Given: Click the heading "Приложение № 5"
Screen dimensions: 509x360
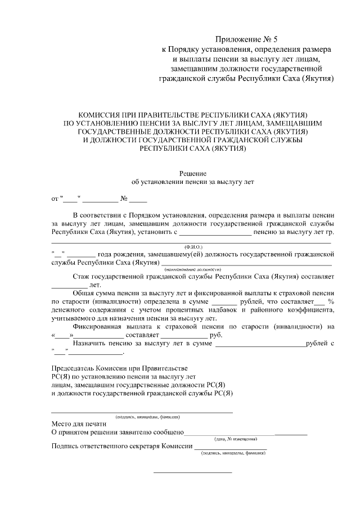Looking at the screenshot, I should pyautogui.click(x=247, y=39).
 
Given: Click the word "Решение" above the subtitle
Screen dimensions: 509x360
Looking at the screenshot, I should pyautogui.click(x=193, y=173).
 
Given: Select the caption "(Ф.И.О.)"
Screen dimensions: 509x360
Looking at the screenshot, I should pyautogui.click(x=193, y=247).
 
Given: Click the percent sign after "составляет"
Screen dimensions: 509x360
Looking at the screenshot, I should pyautogui.click(x=331, y=301).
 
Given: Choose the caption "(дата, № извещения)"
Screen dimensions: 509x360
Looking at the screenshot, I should pyautogui.click(x=236, y=438).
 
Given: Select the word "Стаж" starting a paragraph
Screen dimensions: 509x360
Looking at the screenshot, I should pyautogui.click(x=83, y=277).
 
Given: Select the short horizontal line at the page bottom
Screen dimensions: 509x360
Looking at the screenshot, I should pyautogui.click(x=193, y=472).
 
